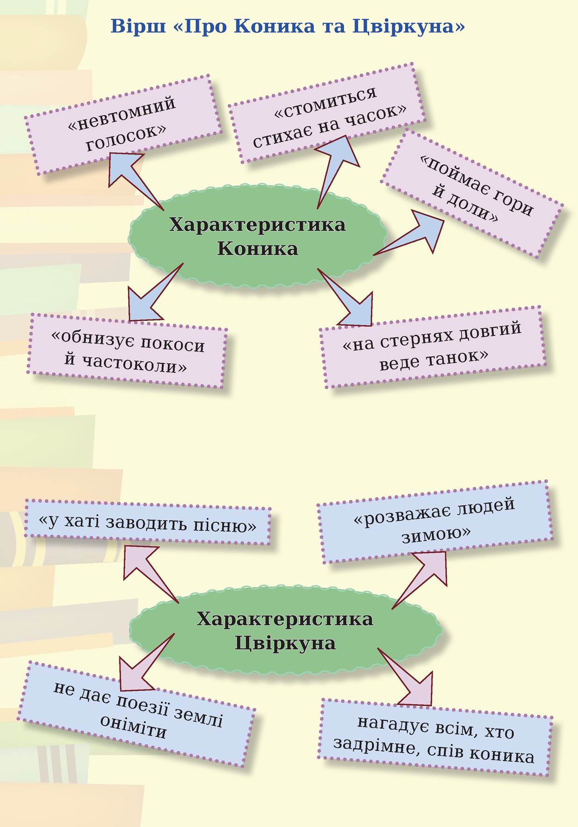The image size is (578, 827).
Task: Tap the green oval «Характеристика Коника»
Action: pos(257,236)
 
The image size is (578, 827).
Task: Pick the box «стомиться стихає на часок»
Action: pos(327,115)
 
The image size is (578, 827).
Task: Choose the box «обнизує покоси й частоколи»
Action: pos(127,351)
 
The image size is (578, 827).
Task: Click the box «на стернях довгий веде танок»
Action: pos(433,346)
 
